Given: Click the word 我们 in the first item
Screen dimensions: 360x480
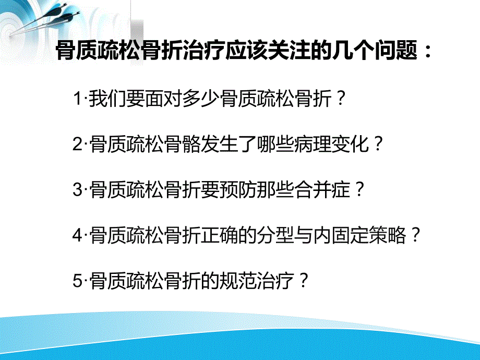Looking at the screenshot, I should (x=106, y=98).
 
